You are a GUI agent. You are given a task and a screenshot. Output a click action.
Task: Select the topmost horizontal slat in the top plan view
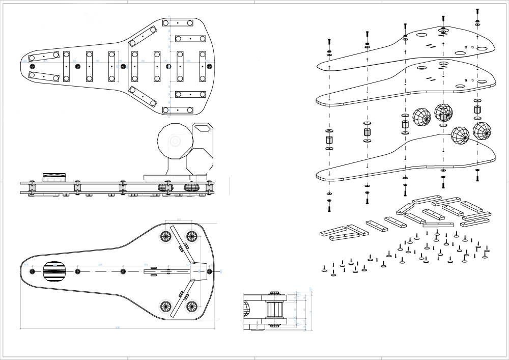point(178,23)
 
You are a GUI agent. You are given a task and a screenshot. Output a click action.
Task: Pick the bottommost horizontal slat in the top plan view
point(178,110)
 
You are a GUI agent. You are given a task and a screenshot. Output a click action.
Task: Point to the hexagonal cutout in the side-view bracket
point(204,129)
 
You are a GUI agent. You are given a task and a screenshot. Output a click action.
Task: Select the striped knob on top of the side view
point(54,178)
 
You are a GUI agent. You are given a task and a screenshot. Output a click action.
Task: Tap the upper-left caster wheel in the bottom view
point(165,236)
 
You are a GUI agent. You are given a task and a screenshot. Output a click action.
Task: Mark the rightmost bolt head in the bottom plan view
point(209,271)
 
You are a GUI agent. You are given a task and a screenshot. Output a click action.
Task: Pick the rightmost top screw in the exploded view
point(477,12)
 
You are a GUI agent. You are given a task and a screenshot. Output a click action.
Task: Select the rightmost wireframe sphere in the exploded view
point(482,131)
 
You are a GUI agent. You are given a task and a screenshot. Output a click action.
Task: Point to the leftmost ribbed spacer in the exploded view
point(329,140)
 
